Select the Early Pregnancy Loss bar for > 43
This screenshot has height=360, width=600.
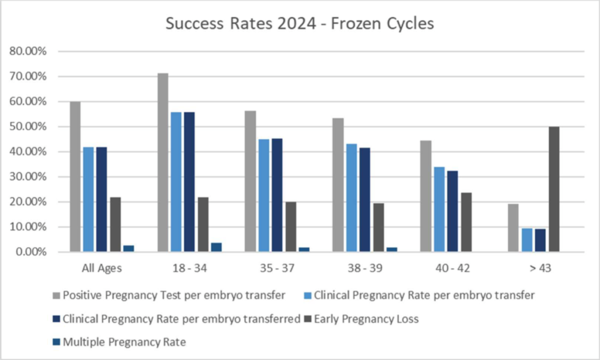pos(554,189)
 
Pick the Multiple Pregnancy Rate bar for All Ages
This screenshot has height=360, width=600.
pos(128,249)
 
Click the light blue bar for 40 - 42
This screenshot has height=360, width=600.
pos(439,209)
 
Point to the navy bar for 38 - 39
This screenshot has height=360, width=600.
pos(364,199)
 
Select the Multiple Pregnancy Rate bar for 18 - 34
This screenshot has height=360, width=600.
pos(216,247)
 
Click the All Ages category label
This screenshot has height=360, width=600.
pos(101,269)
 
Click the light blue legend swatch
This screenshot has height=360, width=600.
pos(307,296)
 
